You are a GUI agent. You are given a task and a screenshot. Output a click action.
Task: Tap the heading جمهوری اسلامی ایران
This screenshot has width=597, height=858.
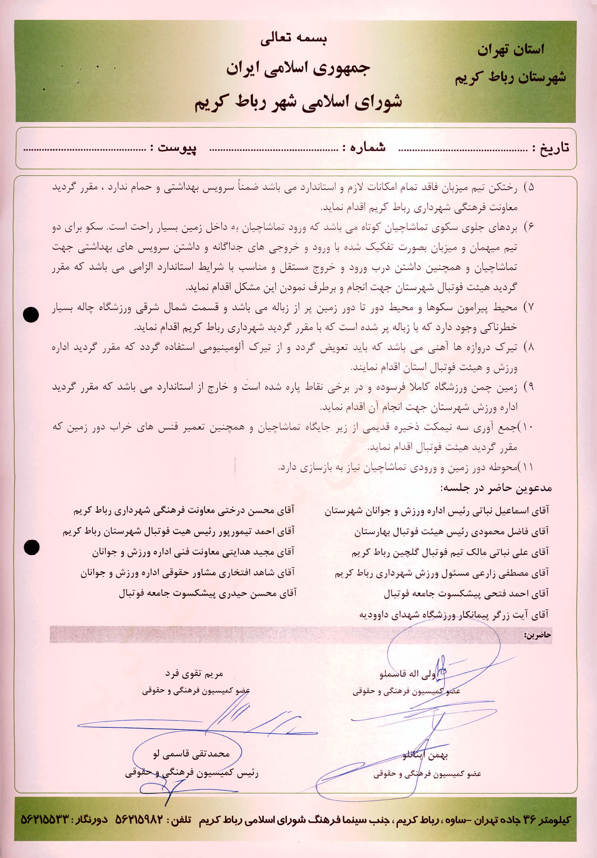pyautogui.click(x=298, y=69)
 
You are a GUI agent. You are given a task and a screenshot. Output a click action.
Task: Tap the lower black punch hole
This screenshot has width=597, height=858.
pyautogui.click(x=31, y=548)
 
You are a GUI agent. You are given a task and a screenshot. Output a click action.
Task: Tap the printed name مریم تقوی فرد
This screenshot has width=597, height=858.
pyautogui.click(x=194, y=673)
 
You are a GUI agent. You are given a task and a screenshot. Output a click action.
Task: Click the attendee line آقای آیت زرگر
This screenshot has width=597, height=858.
pyautogui.click(x=454, y=613)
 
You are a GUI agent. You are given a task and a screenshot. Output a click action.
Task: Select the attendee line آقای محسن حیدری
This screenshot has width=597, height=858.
pyautogui.click(x=207, y=593)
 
